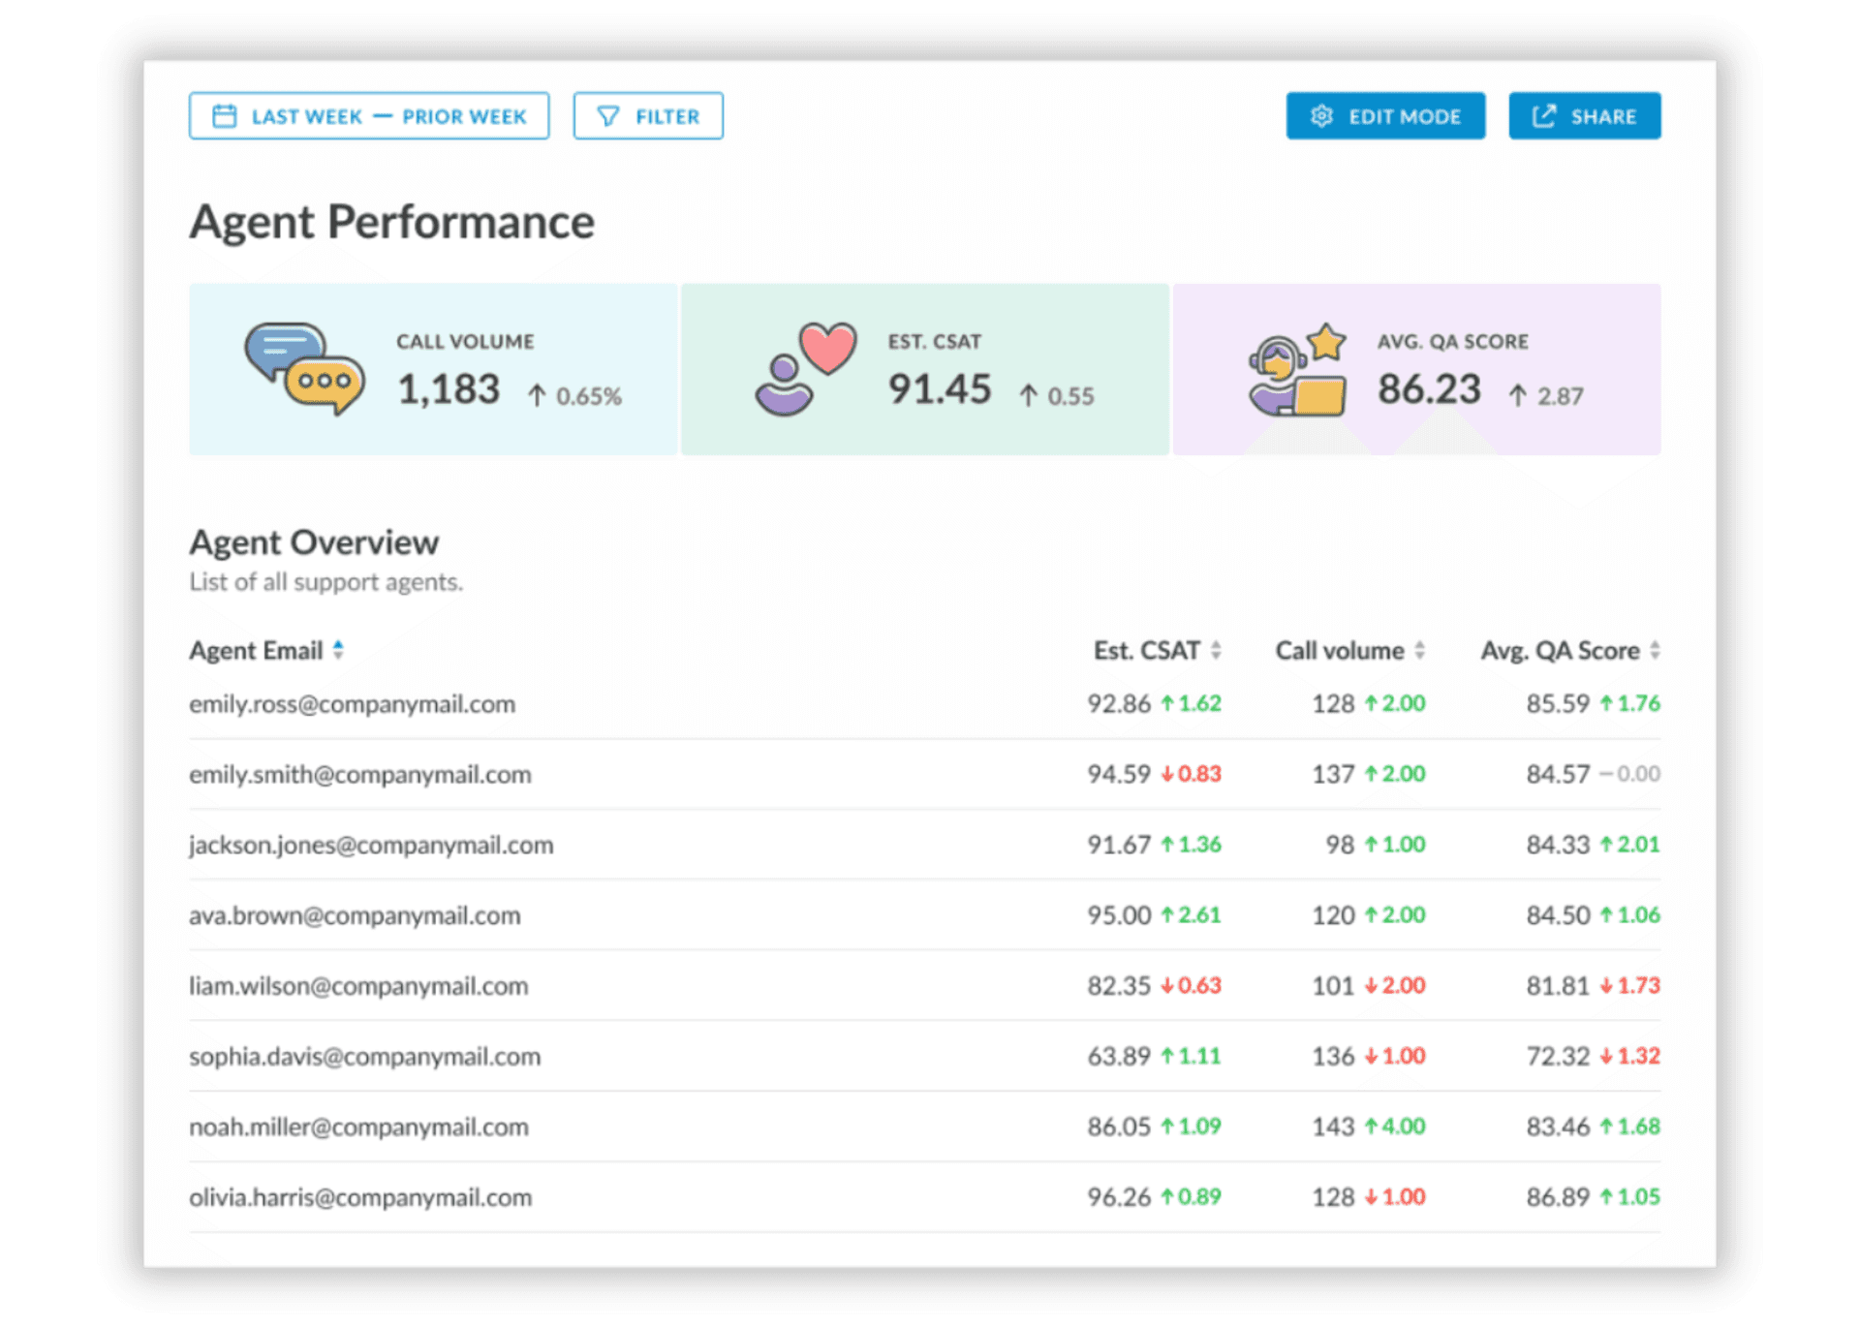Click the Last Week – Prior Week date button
coord(368,116)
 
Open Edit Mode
coord(1384,116)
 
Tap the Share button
coord(1584,116)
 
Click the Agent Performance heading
coord(391,222)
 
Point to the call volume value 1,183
coord(449,389)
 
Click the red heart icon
coord(827,347)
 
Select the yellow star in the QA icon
coord(1326,341)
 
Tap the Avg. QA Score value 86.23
coord(1429,389)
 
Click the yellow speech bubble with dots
coord(325,383)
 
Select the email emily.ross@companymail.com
coord(352,704)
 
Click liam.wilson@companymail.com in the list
coord(358,986)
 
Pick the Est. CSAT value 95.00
coord(1118,915)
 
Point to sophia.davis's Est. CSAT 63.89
coord(1118,1056)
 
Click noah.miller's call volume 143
coord(1333,1127)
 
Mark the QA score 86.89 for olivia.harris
coord(1558,1197)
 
